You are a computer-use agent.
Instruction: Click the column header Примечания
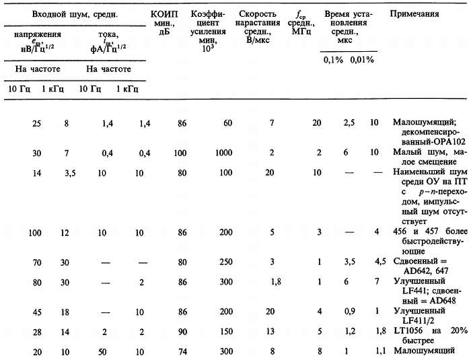click(x=414, y=14)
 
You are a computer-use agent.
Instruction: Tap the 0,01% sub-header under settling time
click(x=362, y=59)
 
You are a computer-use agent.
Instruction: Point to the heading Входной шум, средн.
click(x=75, y=14)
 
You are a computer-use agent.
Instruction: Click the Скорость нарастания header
click(x=258, y=27)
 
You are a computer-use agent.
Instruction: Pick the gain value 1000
click(x=223, y=153)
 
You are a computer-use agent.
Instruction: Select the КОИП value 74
click(x=182, y=351)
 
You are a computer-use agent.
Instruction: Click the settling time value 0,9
click(x=350, y=311)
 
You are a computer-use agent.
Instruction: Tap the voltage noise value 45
click(x=37, y=312)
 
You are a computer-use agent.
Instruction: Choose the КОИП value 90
click(x=182, y=332)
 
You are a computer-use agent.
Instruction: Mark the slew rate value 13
click(x=270, y=331)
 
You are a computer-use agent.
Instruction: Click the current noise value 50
click(x=102, y=351)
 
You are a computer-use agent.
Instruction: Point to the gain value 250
click(x=226, y=262)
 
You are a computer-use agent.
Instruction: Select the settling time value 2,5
click(x=349, y=122)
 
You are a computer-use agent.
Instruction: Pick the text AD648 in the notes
click(x=443, y=301)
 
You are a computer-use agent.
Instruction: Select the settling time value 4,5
click(x=380, y=261)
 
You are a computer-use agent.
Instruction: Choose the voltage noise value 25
click(x=36, y=124)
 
